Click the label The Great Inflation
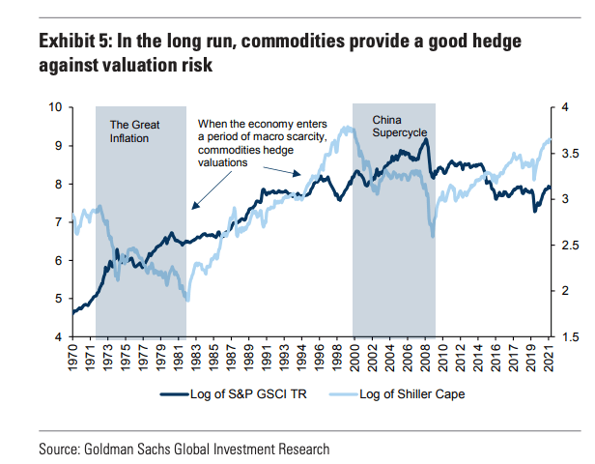pyautogui.click(x=134, y=131)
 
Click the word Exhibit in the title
pyautogui.click(x=71, y=43)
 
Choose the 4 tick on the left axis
pyautogui.click(x=61, y=336)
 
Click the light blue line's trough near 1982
pyautogui.click(x=187, y=300)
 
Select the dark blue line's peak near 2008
pyautogui.click(x=426, y=140)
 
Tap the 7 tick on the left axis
pyautogui.click(x=61, y=222)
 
